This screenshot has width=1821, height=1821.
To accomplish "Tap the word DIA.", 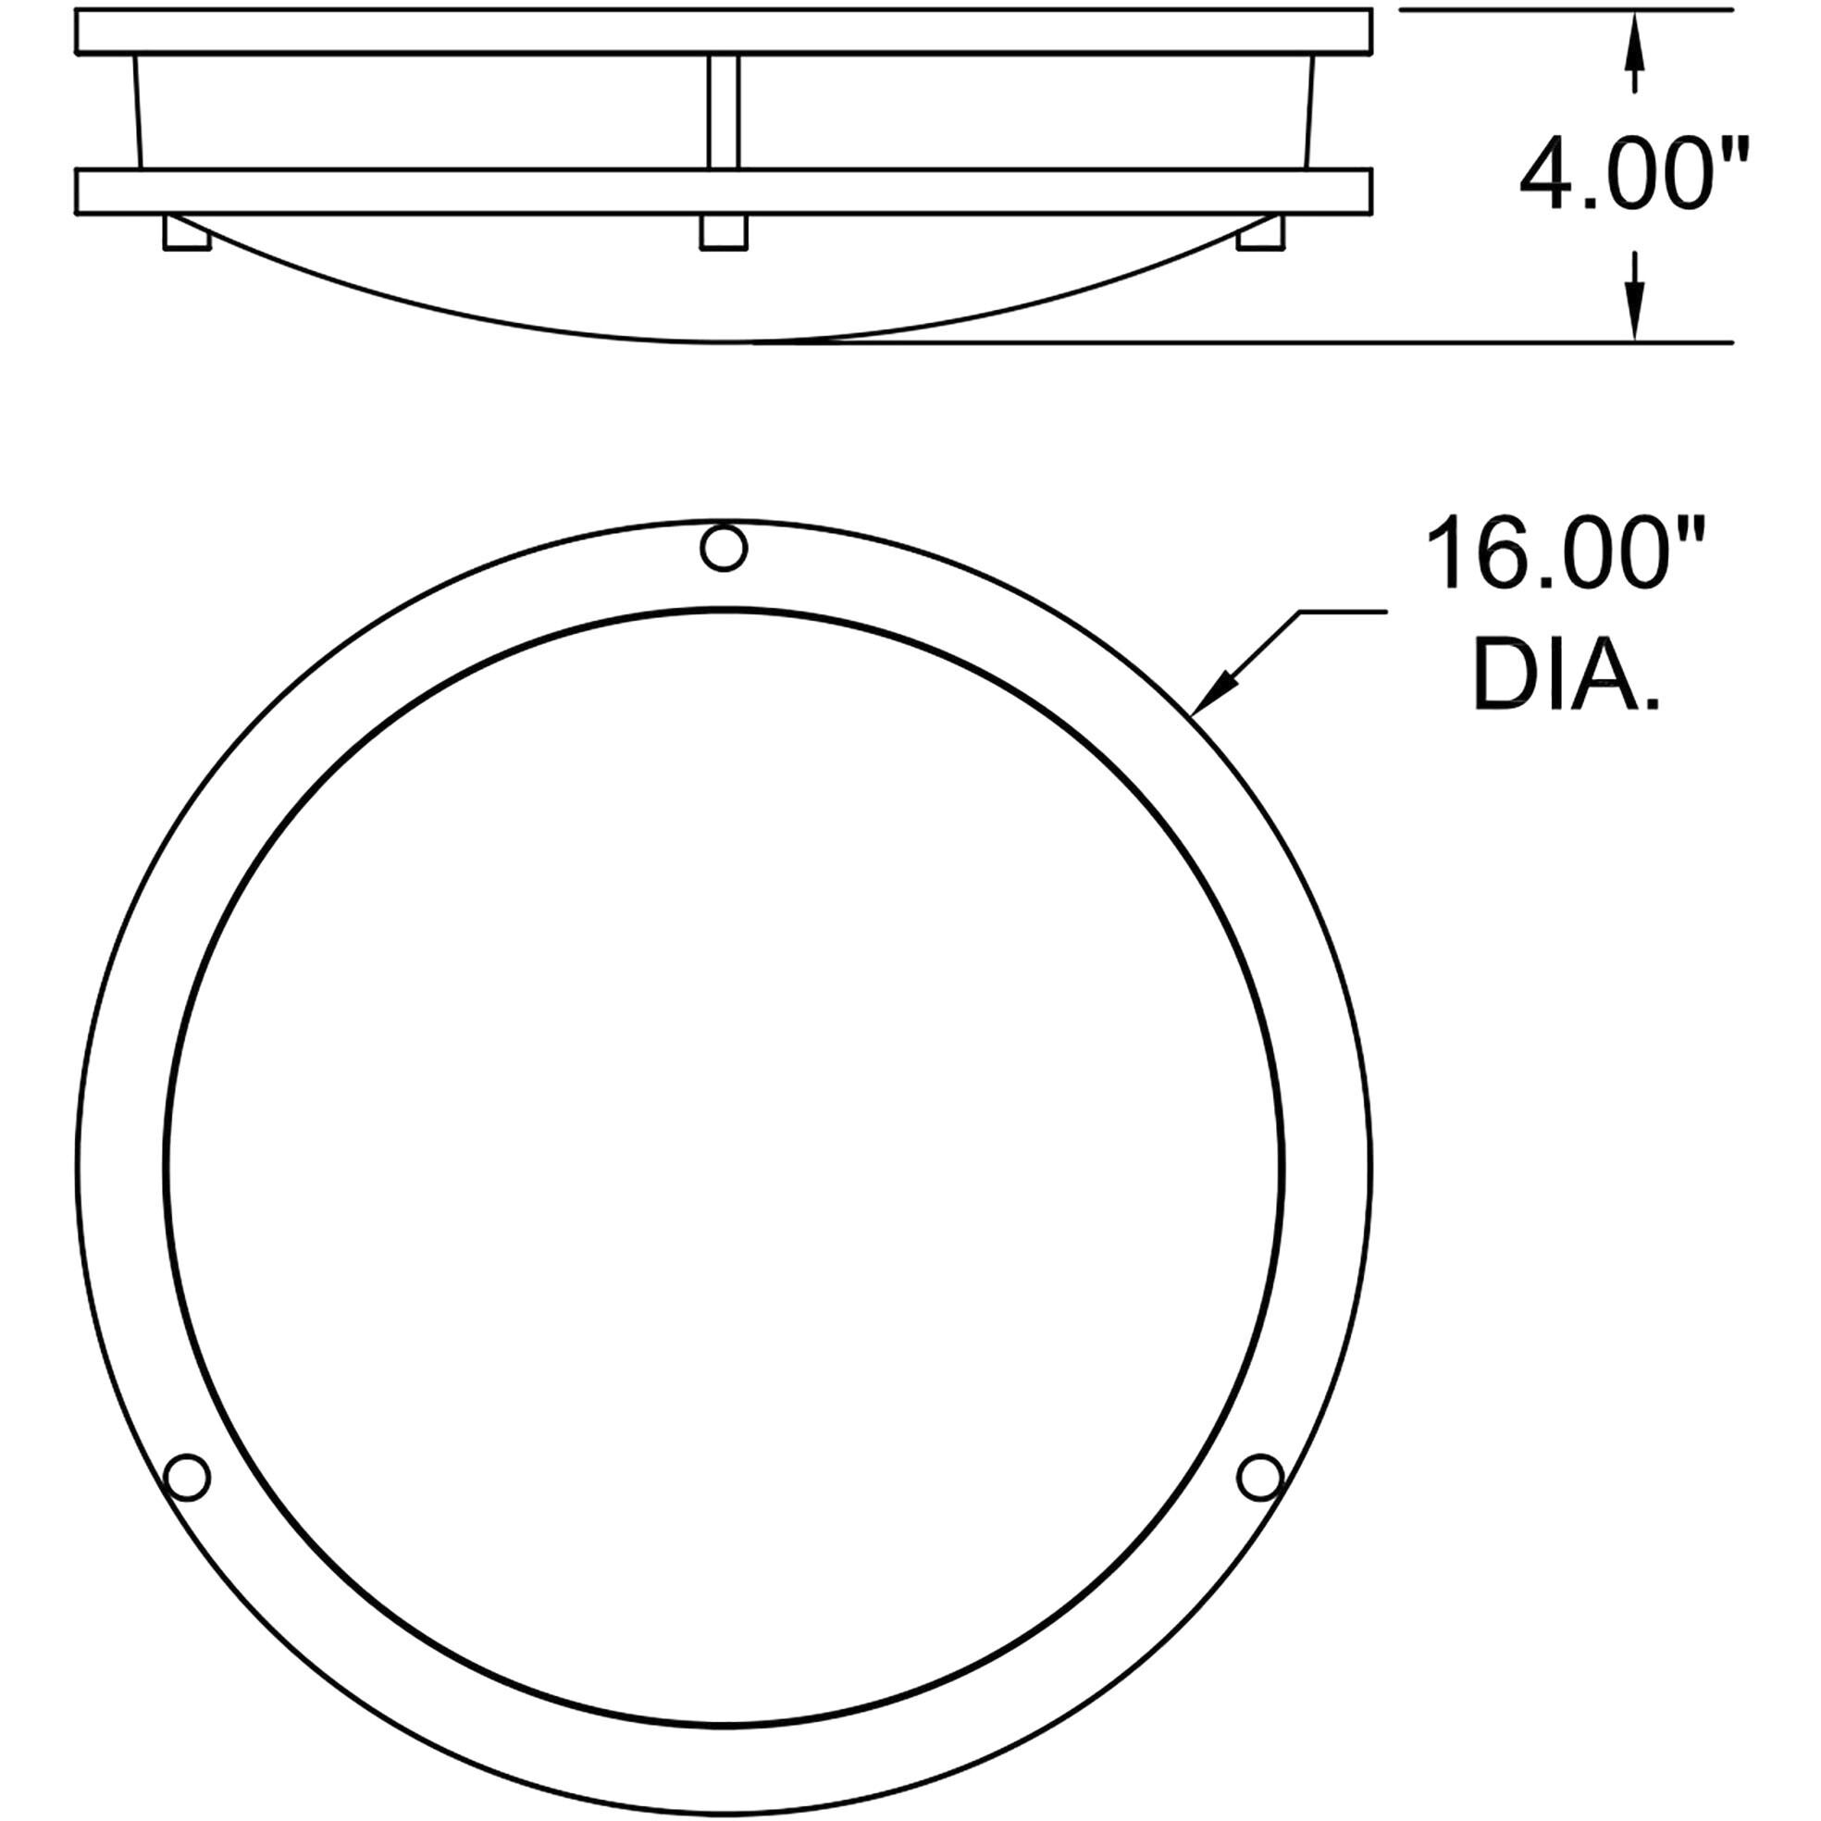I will tap(1565, 675).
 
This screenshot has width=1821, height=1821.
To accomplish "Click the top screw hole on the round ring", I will tap(725, 548).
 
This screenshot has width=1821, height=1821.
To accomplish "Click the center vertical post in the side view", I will tap(723, 111).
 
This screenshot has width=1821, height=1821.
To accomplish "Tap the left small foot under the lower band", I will tap(186, 233).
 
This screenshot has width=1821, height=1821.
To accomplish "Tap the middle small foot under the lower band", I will tap(724, 233).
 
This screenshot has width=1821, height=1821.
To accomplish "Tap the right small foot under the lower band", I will tap(1260, 233).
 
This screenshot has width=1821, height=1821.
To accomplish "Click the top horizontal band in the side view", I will tap(723, 31).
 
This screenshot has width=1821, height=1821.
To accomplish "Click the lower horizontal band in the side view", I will tap(723, 192).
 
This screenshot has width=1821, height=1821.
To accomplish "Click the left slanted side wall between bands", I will tap(138, 111).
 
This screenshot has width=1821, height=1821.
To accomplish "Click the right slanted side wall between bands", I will tap(1309, 111).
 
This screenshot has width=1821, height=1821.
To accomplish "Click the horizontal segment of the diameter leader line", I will tap(1344, 613).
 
